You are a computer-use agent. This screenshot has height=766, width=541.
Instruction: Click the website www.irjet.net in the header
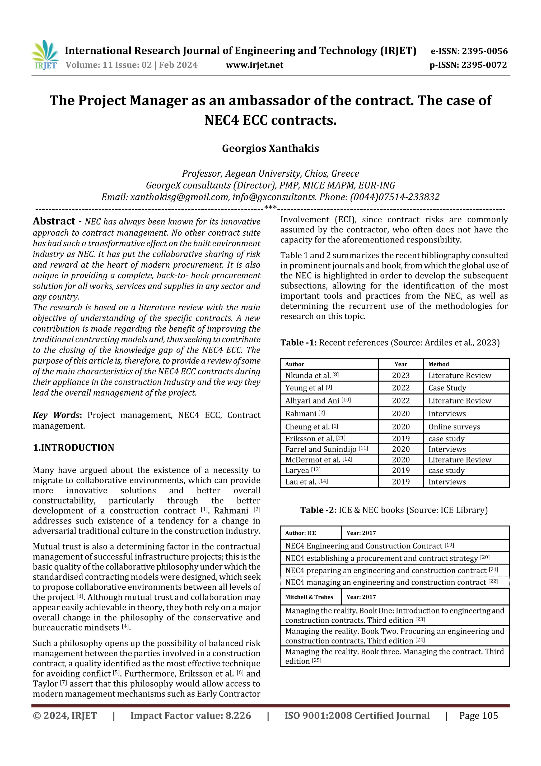[254, 65]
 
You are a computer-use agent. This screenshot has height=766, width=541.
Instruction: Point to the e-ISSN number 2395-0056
[484, 51]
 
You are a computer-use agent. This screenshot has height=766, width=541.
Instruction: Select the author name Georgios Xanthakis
[270, 148]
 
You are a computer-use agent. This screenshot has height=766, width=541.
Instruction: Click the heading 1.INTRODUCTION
[73, 447]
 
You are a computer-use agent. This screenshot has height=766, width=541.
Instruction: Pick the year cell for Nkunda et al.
[401, 375]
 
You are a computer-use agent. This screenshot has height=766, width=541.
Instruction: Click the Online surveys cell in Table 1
[454, 427]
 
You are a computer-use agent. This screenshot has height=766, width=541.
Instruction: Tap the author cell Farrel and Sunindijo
[321, 449]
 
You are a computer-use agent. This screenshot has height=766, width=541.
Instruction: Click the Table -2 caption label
[318, 510]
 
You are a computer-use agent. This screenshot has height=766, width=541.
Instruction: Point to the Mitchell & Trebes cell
[309, 597]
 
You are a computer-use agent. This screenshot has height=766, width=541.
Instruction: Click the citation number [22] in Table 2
[493, 581]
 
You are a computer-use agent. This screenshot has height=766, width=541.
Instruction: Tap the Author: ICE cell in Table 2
[300, 533]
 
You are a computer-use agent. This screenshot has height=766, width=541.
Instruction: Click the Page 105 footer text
[478, 715]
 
